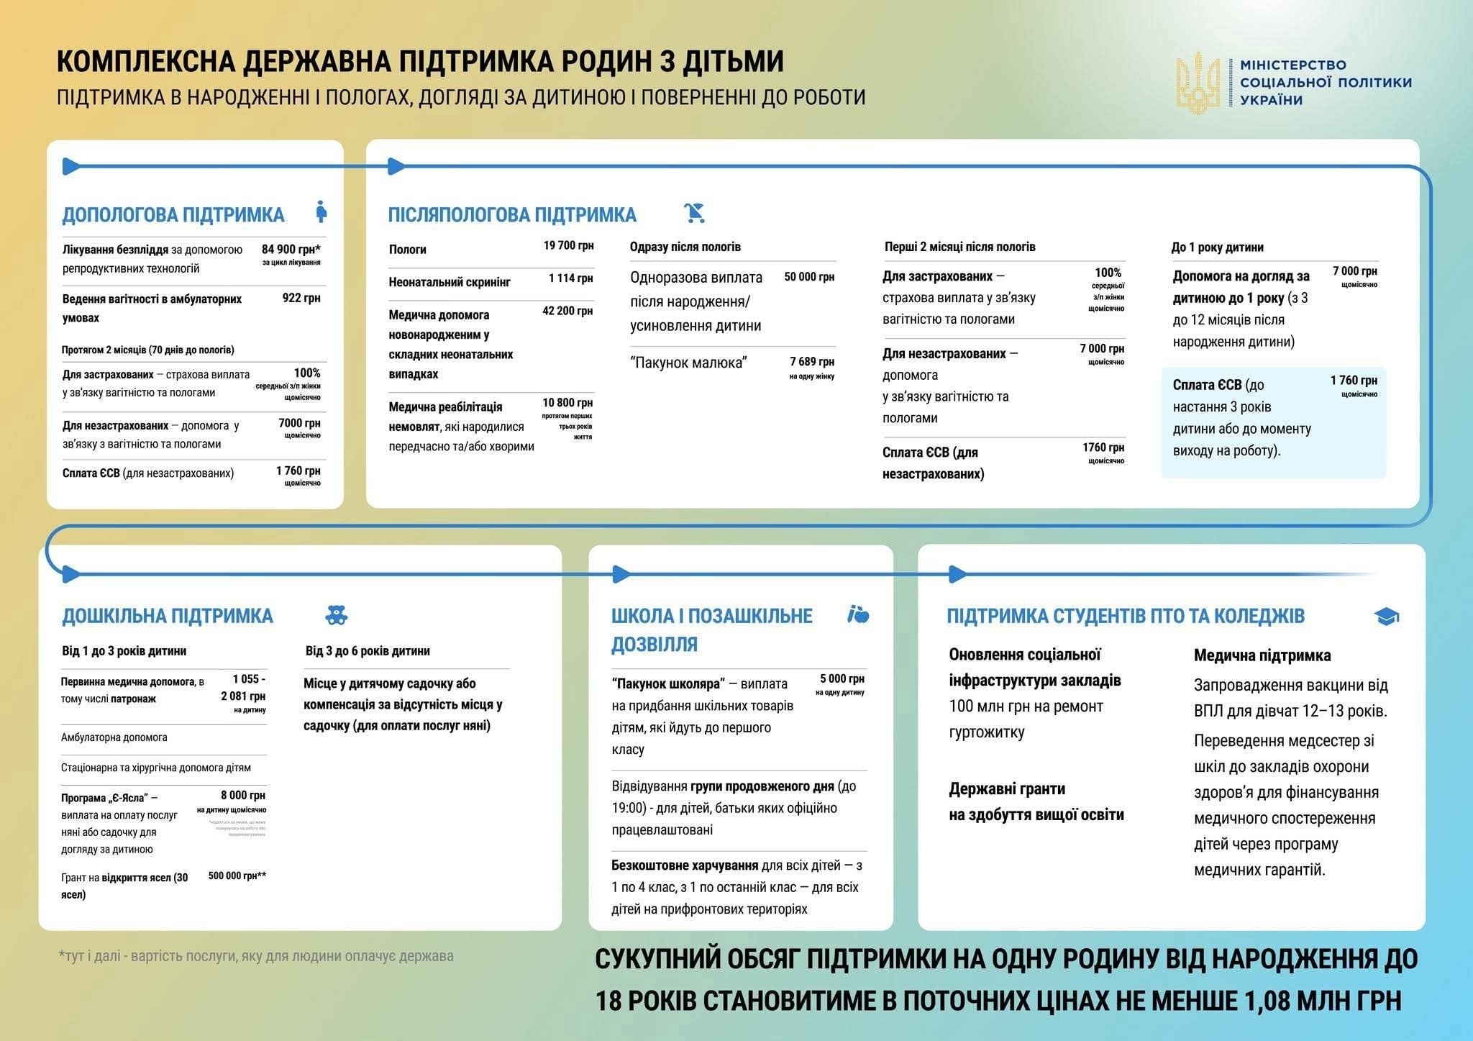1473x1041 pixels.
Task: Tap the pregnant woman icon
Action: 321,212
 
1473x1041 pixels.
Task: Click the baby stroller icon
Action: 695,213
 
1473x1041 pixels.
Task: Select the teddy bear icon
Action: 336,615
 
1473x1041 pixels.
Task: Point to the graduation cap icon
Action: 1386,617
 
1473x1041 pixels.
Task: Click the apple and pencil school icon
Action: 858,614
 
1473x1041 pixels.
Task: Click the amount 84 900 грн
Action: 291,250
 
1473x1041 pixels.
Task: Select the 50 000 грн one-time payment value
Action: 809,277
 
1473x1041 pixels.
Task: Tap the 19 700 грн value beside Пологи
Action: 568,246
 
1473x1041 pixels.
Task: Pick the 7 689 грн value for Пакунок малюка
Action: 812,362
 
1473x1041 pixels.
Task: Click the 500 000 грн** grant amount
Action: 237,876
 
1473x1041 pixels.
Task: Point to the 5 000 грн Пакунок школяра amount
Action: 842,679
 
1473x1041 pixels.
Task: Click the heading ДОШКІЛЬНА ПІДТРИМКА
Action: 168,616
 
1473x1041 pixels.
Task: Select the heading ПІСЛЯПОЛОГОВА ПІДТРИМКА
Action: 512,214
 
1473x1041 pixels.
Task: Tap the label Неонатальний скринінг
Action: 450,282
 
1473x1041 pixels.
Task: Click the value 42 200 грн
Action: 567,311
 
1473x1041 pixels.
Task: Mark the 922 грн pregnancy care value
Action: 301,298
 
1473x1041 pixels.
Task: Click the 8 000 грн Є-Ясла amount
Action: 243,796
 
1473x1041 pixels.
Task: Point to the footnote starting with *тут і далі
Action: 256,956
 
